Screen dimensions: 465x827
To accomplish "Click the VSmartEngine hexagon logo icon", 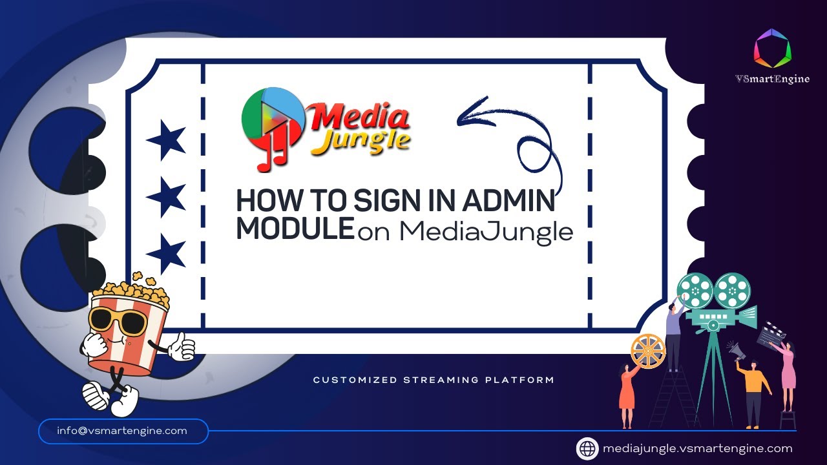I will [x=772, y=48].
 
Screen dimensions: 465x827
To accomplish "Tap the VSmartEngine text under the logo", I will [x=772, y=79].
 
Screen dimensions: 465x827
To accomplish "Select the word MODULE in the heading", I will [x=295, y=229].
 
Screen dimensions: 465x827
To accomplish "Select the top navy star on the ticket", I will [x=166, y=139].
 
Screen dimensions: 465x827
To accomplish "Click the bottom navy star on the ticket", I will [x=166, y=253].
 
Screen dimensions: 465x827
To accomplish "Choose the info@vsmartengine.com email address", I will [x=122, y=431].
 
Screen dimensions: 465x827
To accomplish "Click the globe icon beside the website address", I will [x=587, y=448].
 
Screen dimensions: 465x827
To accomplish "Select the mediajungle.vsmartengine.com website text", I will [x=697, y=448].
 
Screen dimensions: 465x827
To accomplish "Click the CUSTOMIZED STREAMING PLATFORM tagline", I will [x=434, y=380].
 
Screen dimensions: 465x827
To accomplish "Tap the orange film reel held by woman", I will [x=647, y=351].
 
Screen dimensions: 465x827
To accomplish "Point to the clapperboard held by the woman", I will [x=770, y=335].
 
